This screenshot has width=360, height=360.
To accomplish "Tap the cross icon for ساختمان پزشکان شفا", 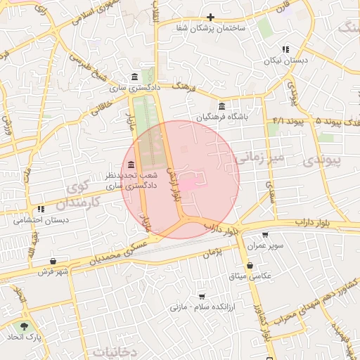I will (x=210, y=18).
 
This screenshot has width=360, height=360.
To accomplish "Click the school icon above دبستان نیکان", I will (x=285, y=49).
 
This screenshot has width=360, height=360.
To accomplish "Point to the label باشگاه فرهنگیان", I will (x=224, y=117).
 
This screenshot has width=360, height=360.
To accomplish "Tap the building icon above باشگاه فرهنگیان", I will (x=221, y=106).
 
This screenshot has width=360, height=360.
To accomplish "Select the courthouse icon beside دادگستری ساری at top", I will (x=134, y=77).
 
